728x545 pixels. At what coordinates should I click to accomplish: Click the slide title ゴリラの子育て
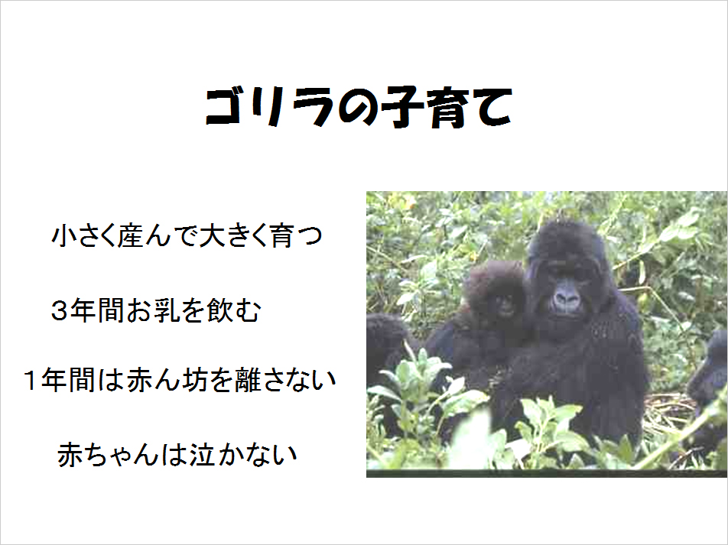tap(359, 107)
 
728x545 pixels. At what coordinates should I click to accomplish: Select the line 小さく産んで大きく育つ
tap(187, 235)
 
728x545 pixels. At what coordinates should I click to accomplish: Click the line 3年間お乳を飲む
tap(156, 310)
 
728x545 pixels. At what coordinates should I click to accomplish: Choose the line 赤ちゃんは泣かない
tap(177, 455)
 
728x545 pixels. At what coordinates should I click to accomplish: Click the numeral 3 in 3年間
tap(60, 311)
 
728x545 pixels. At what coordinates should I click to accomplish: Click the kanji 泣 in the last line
tap(203, 455)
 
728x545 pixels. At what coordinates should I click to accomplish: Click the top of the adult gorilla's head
tap(564, 223)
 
